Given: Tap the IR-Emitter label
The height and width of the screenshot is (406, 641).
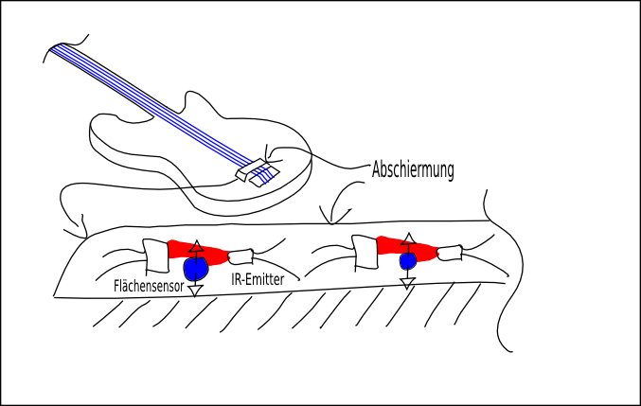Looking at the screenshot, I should [258, 278].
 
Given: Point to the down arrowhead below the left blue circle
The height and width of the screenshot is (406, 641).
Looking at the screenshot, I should [196, 290].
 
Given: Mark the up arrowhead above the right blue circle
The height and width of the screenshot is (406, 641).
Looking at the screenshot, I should [408, 238].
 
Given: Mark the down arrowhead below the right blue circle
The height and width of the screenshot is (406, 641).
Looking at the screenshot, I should [408, 281].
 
